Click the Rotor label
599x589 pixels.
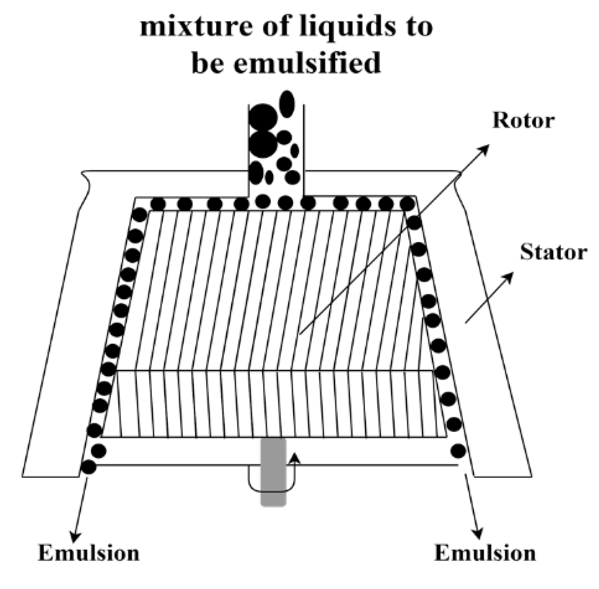point(523,120)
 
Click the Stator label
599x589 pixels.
point(553,252)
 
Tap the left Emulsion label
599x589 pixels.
point(89,553)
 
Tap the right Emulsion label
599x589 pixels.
point(485,553)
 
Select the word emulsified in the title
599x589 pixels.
point(307,63)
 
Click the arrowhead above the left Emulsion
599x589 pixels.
point(75,537)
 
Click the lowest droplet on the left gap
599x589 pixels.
point(88,467)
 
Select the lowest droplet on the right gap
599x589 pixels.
point(458,450)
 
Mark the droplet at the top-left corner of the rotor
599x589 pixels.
point(139,215)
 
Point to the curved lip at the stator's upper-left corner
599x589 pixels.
point(86,181)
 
